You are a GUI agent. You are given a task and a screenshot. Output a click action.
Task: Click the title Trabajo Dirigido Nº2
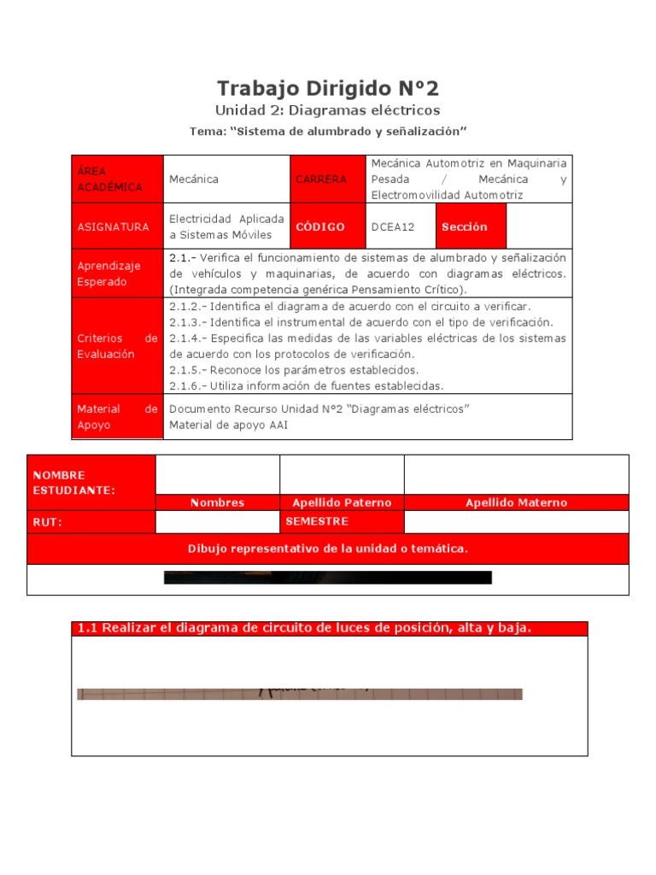tap(328, 88)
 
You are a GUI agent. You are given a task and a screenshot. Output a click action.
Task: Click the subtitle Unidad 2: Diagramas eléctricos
tap(328, 110)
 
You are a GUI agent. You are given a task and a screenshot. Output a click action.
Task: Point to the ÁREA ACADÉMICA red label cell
tap(116, 179)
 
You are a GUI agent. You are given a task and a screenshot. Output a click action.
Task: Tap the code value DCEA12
tap(393, 226)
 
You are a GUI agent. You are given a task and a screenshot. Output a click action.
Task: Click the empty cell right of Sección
tap(539, 226)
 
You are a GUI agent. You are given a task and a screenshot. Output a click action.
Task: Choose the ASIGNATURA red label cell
tap(116, 226)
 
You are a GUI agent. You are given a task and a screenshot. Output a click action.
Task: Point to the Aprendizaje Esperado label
tap(116, 273)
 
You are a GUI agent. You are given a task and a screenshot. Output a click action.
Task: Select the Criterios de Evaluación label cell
tap(116, 346)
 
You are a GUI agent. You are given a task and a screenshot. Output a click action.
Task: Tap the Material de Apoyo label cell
tap(116, 416)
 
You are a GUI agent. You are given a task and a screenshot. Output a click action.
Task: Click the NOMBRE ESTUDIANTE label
tap(91, 482)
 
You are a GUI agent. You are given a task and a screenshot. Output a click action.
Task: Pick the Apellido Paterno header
tap(342, 502)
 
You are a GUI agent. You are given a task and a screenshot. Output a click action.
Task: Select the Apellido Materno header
tap(516, 502)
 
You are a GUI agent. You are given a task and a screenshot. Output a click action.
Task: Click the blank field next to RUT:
tap(217, 522)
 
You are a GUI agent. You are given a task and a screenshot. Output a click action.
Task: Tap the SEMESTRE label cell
tap(342, 521)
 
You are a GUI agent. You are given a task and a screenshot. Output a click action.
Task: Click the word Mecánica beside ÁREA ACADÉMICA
tap(194, 179)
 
